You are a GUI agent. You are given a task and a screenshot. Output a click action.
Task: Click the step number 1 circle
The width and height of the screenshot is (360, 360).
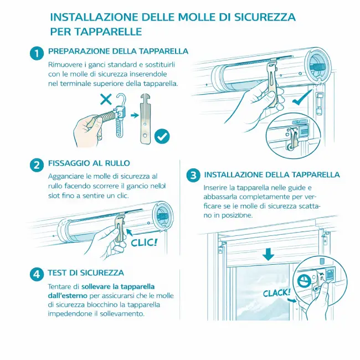(x=37, y=54)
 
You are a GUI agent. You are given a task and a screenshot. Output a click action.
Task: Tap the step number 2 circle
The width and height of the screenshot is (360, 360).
(x=37, y=165)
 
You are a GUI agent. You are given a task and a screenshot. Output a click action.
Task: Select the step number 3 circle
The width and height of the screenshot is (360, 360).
(x=193, y=176)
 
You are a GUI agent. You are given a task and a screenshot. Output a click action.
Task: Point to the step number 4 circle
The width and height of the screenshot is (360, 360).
(x=37, y=274)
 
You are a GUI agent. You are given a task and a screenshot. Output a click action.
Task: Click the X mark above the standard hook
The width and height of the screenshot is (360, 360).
(x=106, y=99)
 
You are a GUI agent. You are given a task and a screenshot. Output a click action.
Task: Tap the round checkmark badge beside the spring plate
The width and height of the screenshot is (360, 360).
(x=162, y=136)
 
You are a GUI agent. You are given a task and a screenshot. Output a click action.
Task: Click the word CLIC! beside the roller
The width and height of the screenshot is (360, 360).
(x=145, y=243)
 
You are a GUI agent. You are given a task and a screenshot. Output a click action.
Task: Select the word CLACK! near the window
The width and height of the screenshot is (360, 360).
(x=277, y=293)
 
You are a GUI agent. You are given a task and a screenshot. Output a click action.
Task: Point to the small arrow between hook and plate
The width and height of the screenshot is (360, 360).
(x=135, y=115)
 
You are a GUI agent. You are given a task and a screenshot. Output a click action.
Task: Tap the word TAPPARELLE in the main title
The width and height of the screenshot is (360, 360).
(x=109, y=32)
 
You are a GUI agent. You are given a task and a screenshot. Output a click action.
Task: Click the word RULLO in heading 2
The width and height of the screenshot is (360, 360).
(x=117, y=163)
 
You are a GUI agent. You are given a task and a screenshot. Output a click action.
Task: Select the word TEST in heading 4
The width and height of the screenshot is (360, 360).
(x=56, y=272)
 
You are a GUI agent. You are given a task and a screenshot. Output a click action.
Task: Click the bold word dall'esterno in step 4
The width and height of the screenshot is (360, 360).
(x=68, y=296)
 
